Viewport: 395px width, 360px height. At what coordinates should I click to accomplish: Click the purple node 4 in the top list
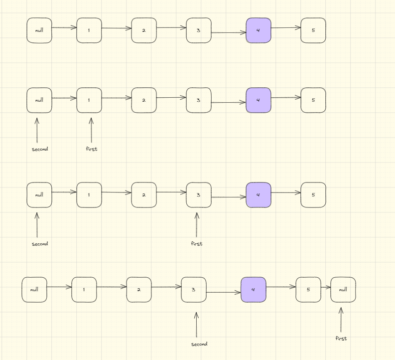coord(259,30)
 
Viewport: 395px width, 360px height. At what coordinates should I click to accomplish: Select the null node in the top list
coord(39,30)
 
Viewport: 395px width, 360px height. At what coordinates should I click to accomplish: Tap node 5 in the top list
coord(313,30)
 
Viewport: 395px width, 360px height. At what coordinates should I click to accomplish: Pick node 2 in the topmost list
coord(144,30)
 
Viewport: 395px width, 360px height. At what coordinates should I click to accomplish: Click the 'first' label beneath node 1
coord(91,149)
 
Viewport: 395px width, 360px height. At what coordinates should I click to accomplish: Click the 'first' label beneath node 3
coord(197,244)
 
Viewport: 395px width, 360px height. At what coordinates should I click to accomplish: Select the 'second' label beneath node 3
coord(199,344)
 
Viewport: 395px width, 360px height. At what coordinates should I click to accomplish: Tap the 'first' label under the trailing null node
coord(341,339)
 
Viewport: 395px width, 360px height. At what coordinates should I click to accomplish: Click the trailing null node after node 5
coord(343,290)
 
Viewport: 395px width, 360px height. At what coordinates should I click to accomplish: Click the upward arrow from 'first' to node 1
coord(91,130)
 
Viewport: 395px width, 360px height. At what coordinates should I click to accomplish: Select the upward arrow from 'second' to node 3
coord(196,324)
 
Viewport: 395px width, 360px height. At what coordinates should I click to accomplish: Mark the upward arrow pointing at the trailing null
coord(341,319)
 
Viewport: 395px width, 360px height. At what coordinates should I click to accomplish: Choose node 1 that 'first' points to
coord(89,100)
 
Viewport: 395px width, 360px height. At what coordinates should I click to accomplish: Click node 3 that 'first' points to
coord(199,195)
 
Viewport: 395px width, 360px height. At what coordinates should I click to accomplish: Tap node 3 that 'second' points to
coord(194,290)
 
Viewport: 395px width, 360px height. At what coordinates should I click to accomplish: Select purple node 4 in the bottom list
coord(254,290)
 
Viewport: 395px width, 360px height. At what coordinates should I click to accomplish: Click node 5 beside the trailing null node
coord(308,290)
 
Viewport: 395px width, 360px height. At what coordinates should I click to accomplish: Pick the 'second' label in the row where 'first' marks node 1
coord(40,149)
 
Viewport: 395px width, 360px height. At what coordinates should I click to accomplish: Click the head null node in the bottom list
coord(34,290)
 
